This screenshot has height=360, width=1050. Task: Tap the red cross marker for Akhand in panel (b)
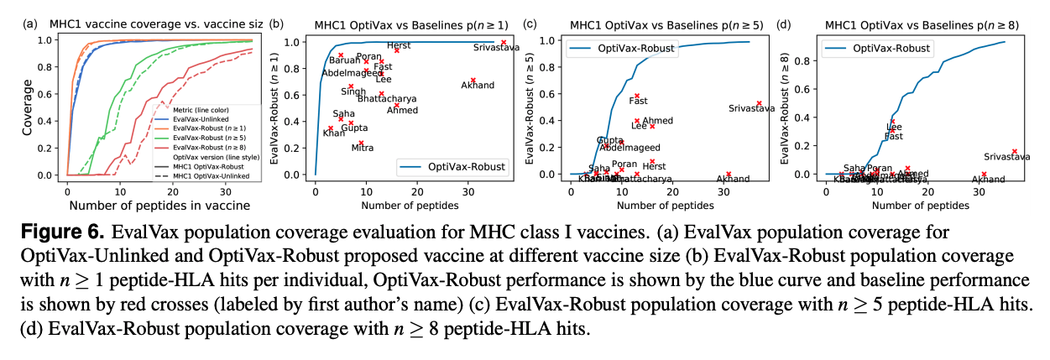473,81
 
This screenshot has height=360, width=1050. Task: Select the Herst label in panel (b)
399,45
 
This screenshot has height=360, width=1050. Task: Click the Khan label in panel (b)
334,133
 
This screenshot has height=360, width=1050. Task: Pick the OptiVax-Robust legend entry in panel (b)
466,167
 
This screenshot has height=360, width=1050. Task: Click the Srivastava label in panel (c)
751,108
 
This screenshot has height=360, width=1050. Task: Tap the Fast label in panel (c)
638,101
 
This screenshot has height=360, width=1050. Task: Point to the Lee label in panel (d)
894,127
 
